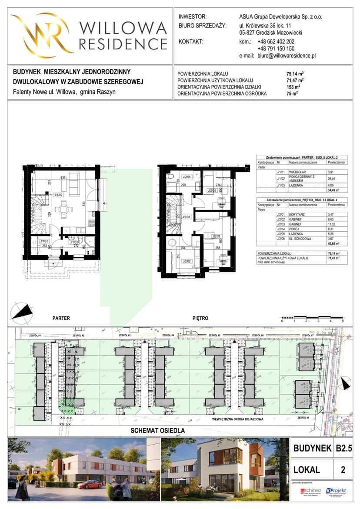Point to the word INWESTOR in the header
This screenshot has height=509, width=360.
point(193,17)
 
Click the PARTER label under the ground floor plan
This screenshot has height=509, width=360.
point(61,318)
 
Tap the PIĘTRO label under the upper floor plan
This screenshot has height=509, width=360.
point(200,318)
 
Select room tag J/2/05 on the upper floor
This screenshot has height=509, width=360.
point(187,177)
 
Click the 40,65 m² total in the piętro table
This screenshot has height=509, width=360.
point(336,243)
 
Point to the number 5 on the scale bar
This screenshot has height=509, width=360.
point(343,320)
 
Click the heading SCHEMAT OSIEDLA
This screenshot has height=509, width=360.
point(158,430)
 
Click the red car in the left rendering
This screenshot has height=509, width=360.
point(90,484)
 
